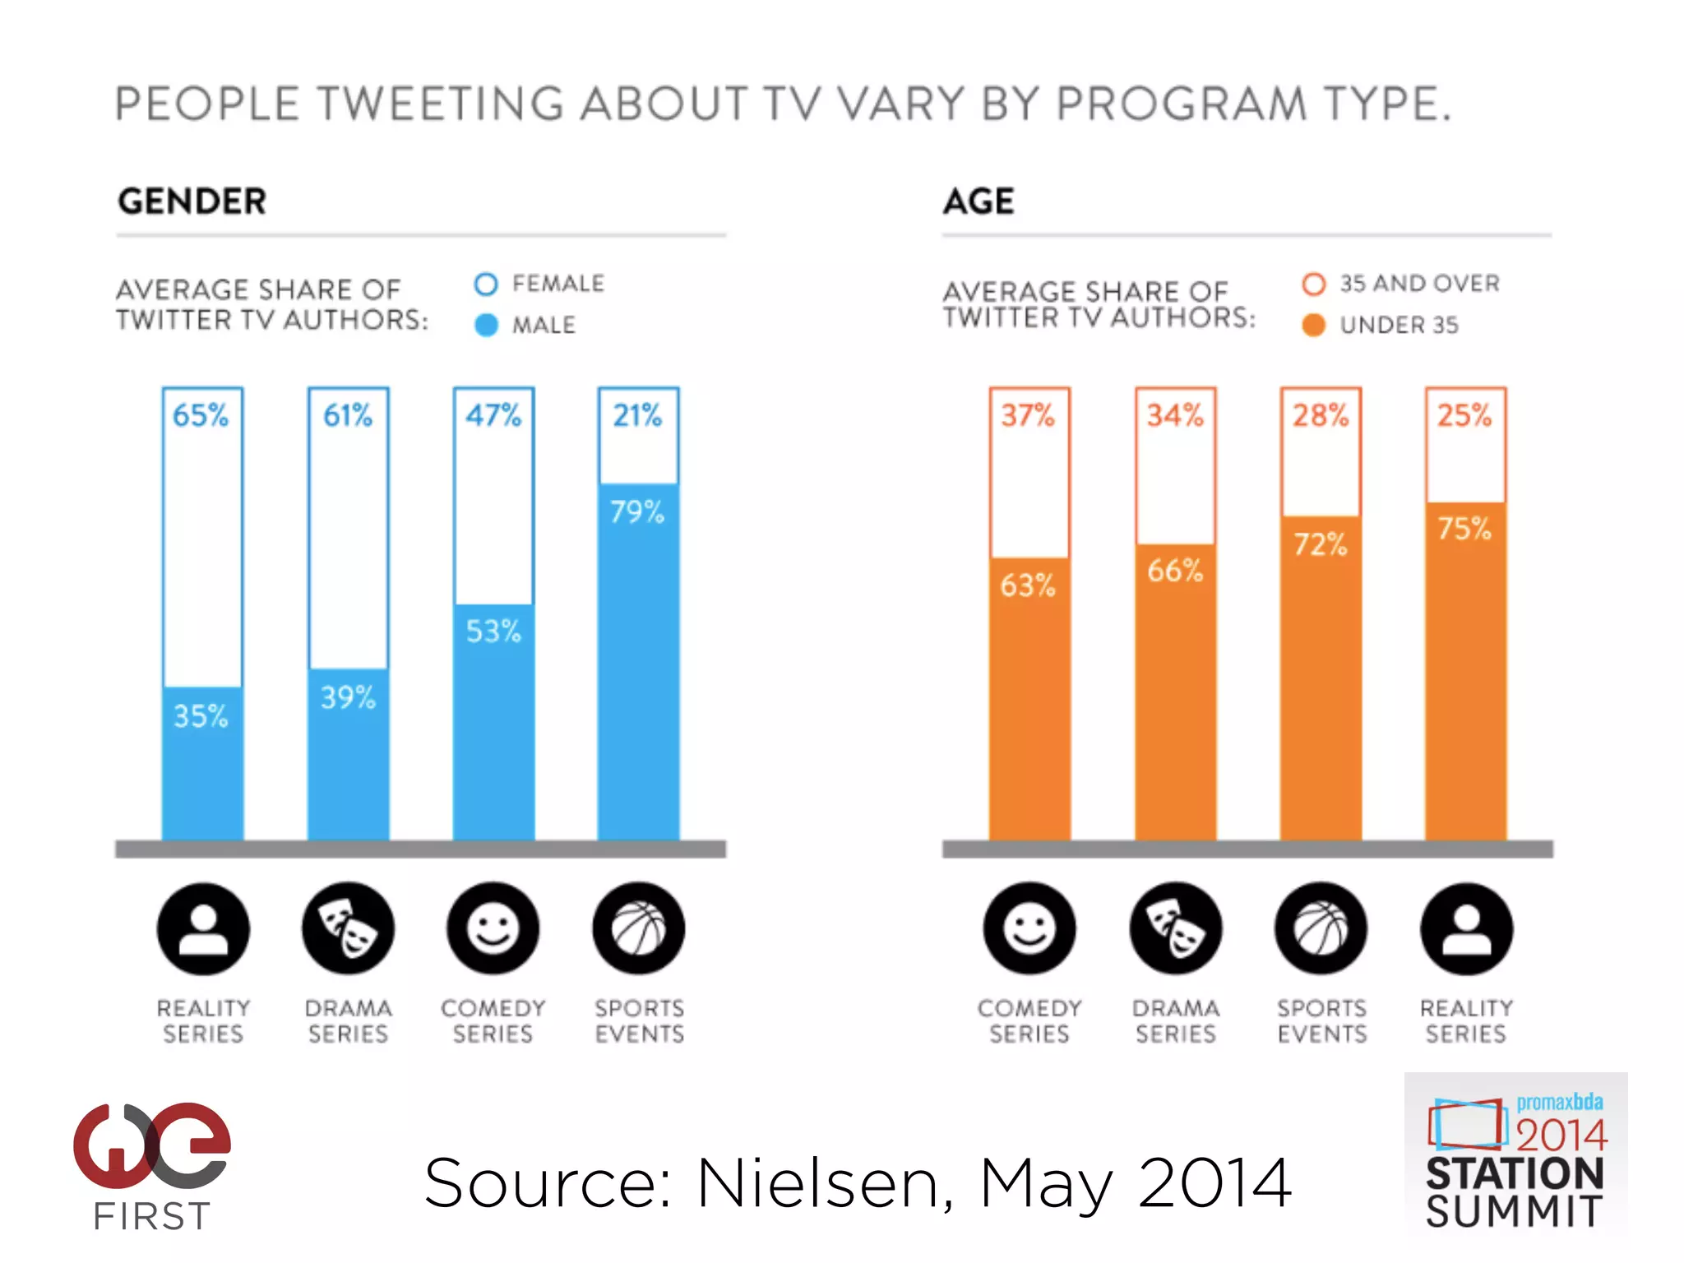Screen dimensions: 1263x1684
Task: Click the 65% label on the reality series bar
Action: tap(200, 415)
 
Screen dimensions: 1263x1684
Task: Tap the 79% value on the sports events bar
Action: tap(636, 512)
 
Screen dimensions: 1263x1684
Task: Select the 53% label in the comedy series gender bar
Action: tap(493, 631)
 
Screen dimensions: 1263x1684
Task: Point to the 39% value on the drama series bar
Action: tap(348, 698)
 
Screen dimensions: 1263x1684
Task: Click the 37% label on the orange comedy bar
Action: tap(1027, 415)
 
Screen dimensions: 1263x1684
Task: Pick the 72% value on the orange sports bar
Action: tap(1320, 544)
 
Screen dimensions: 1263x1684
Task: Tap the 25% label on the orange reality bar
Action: tap(1464, 415)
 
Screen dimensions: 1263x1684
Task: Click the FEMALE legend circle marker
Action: tap(486, 285)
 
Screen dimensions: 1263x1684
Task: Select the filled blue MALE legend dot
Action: tap(486, 326)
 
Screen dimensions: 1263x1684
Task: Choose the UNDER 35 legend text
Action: tap(1399, 326)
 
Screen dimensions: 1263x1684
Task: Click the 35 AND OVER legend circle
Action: tap(1313, 285)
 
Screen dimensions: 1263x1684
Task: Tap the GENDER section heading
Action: tap(192, 201)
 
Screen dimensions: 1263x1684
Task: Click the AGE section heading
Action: tap(978, 201)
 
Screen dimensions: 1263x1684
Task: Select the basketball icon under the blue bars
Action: tap(638, 929)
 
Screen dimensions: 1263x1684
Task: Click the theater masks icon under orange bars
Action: tap(1175, 929)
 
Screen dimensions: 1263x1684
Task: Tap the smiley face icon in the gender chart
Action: tap(493, 929)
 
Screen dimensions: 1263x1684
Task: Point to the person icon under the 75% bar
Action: tap(1466, 929)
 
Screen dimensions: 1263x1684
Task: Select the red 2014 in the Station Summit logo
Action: tap(1560, 1136)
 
